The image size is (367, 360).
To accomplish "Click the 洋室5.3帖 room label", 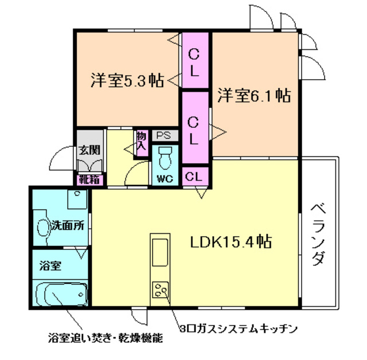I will click(x=127, y=80).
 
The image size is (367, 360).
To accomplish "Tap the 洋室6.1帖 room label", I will click(x=253, y=96).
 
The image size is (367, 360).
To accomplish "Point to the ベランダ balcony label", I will click(x=319, y=235).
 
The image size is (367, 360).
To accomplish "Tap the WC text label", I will click(x=165, y=178).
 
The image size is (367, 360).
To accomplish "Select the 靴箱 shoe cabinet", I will click(x=90, y=178).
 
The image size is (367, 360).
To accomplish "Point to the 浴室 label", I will click(x=50, y=266).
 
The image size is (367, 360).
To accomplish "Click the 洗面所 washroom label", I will click(x=68, y=225).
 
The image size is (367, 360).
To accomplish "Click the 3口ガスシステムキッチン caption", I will click(x=239, y=328).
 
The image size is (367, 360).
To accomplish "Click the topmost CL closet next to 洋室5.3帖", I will click(x=194, y=62).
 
